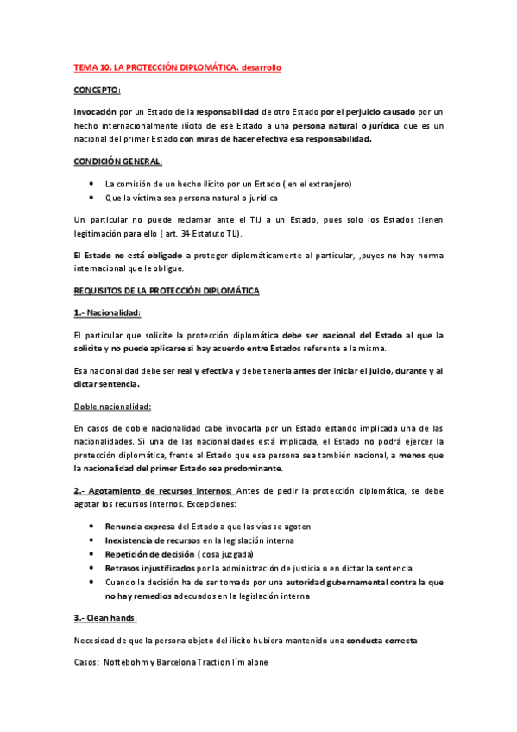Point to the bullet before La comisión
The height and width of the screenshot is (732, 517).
91,184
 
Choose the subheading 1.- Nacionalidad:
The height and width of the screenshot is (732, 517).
107,312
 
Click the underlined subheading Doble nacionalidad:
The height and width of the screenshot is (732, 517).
112,407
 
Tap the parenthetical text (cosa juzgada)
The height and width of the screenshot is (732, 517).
225,554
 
